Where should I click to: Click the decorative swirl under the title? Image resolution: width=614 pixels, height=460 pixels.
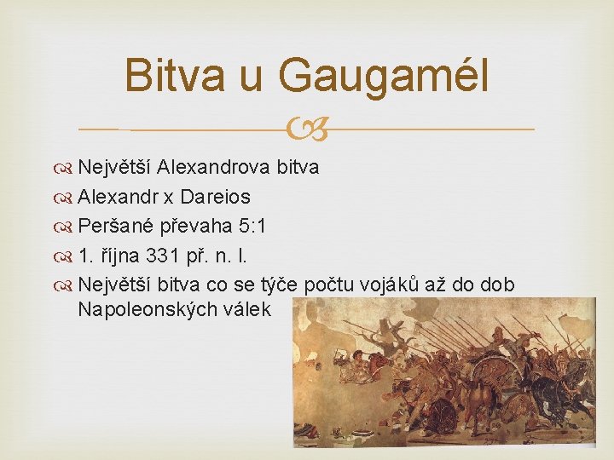[307, 129]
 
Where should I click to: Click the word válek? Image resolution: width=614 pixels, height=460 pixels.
[246, 308]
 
